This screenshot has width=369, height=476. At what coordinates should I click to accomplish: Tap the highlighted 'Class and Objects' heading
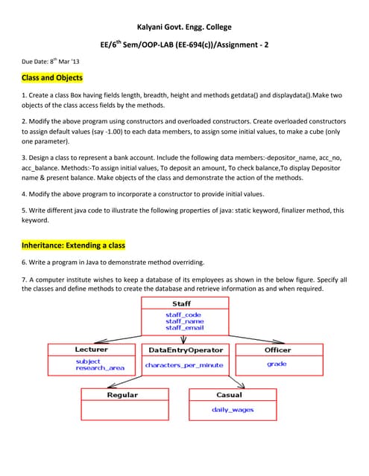(51, 77)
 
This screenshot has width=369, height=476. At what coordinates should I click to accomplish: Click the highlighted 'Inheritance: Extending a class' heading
(73, 245)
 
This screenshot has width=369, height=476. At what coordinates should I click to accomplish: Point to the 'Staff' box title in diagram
(181, 303)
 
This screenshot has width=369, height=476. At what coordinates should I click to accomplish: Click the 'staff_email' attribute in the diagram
(184, 327)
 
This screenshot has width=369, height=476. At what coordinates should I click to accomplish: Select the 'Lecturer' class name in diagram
(91, 349)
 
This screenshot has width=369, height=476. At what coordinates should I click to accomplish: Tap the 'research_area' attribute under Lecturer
(100, 368)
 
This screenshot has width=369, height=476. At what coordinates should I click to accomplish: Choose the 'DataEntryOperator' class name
(185, 350)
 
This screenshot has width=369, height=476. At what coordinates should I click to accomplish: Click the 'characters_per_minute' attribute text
(183, 365)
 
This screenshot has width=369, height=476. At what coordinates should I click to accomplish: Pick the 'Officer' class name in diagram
(277, 350)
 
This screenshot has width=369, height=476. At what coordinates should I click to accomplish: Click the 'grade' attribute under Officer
(277, 364)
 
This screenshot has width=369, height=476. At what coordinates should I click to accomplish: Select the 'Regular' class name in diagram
(122, 395)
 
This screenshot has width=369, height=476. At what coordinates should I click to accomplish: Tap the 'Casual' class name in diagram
(229, 395)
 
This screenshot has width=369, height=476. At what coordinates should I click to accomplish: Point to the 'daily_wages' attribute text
(233, 410)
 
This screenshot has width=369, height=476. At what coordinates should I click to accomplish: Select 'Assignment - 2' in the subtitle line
(243, 45)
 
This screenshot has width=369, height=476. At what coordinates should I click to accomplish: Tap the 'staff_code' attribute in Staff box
(183, 315)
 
